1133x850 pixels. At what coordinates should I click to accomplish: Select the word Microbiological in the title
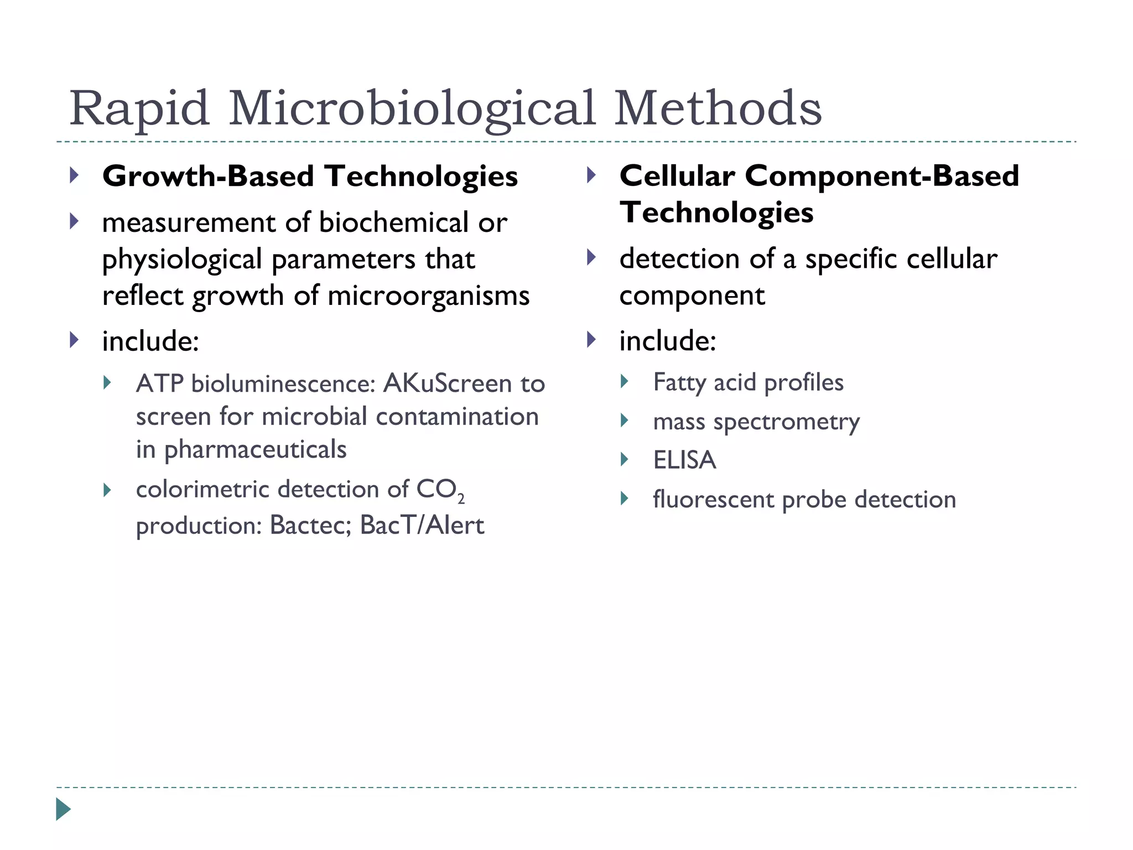click(412, 108)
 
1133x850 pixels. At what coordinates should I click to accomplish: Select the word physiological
click(182, 260)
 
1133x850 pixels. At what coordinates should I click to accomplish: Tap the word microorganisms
click(428, 296)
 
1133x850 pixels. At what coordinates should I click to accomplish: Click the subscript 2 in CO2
click(461, 500)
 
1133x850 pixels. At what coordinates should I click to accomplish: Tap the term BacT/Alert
click(422, 525)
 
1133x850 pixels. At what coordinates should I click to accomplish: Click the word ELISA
click(684, 460)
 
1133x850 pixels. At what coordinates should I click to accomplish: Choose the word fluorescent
click(713, 500)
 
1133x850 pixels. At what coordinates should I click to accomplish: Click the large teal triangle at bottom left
click(63, 810)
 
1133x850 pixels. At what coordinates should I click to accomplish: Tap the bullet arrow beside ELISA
click(625, 459)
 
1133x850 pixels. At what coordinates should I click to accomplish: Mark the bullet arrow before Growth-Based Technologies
click(74, 176)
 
